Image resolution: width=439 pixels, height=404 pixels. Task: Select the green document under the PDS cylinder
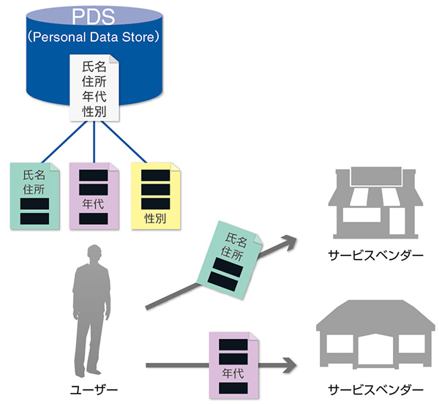tap(34, 194)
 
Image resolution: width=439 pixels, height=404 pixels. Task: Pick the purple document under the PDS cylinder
tap(93, 194)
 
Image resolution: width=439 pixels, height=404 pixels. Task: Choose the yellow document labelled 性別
tap(154, 194)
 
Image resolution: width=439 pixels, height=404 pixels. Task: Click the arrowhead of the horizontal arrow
tap(291, 363)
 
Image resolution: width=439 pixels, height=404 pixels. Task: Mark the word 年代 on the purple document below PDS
tap(93, 198)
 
